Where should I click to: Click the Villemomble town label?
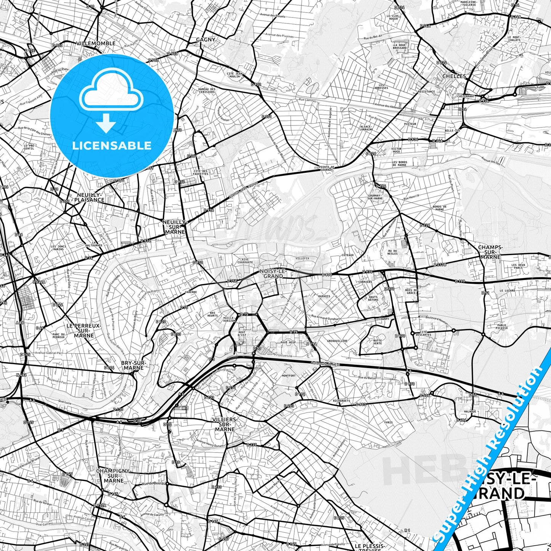tap(96, 43)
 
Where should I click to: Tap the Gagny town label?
tap(206, 40)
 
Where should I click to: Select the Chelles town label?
tap(454, 76)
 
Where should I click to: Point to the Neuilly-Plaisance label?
tap(89, 197)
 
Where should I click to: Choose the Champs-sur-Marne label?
tap(490, 252)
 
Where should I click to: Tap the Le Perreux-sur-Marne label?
tap(84, 331)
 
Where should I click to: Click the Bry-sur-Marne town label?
tap(132, 365)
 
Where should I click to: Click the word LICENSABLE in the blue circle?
tap(112, 146)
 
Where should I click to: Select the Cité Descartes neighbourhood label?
tap(423, 333)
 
